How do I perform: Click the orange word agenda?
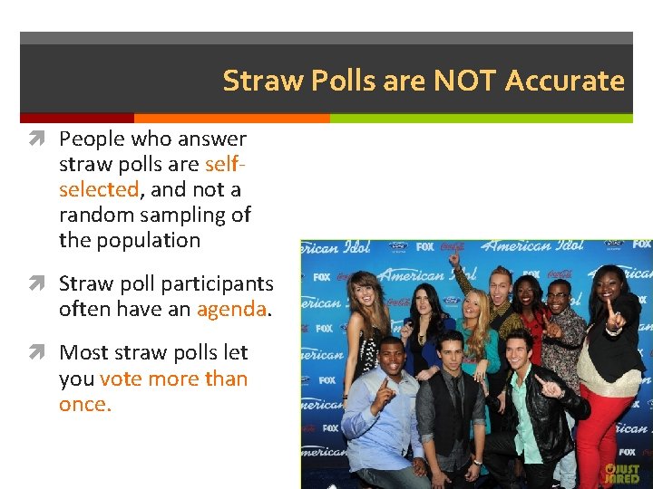231,309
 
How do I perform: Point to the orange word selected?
98,189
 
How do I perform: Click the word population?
151,240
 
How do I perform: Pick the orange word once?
83,404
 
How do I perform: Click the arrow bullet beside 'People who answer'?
44,139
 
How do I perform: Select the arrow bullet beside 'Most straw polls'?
44,353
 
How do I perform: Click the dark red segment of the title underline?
77,118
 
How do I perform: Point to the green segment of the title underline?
481,118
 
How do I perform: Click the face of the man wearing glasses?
558,298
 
